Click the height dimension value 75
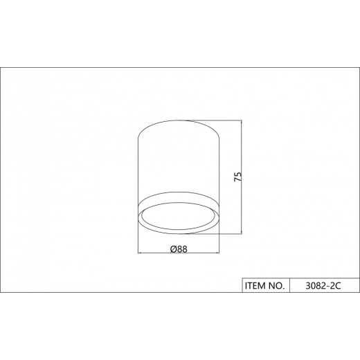238,177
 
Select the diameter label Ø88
179,249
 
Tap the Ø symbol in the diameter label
174,249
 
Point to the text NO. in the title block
276,286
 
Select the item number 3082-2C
323,286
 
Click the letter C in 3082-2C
338,286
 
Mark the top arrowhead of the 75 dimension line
242,123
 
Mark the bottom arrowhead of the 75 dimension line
242,231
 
